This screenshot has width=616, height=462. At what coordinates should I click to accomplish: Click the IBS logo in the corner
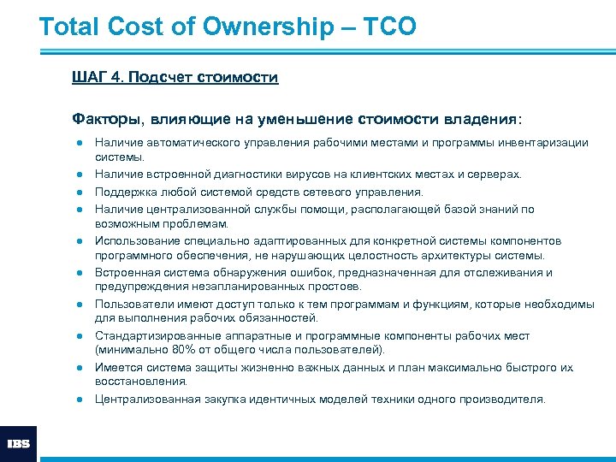pos(18,444)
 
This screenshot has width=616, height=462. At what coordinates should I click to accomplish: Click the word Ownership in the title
pos(268,27)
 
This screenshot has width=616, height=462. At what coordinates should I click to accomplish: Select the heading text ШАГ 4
pos(97,78)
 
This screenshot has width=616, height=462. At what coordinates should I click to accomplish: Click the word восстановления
pos(129,382)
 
